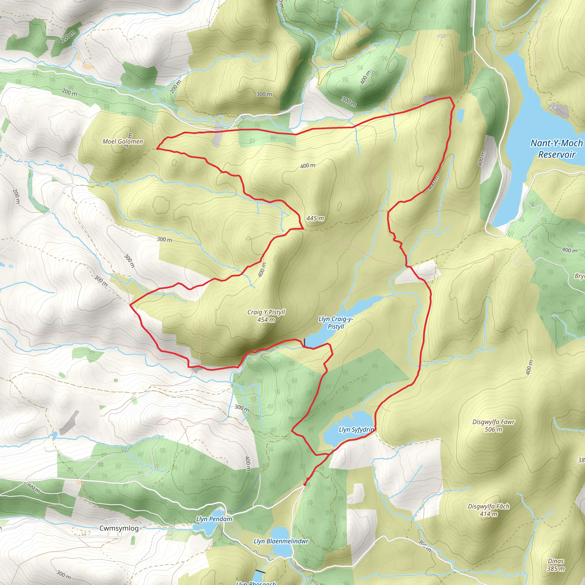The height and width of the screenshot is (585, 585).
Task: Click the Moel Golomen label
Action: [123, 141]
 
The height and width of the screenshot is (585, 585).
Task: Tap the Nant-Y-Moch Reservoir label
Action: [556, 149]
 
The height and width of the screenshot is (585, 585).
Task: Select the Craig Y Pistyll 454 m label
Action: [266, 316]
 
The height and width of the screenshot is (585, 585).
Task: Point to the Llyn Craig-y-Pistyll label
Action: [336, 322]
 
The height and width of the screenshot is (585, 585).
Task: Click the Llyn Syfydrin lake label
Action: [356, 430]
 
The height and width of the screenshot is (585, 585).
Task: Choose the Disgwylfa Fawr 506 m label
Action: [493, 426]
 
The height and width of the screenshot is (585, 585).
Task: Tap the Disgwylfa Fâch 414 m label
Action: [489, 510]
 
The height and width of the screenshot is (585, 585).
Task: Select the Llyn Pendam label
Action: [214, 519]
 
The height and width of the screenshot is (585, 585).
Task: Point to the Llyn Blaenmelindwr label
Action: [281, 541]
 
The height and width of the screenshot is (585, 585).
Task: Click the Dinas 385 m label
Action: [556, 565]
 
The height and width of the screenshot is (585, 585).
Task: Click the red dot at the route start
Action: [304, 484]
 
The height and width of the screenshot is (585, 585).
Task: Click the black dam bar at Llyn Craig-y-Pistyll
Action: [304, 342]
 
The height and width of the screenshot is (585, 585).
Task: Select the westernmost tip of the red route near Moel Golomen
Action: [157, 149]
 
